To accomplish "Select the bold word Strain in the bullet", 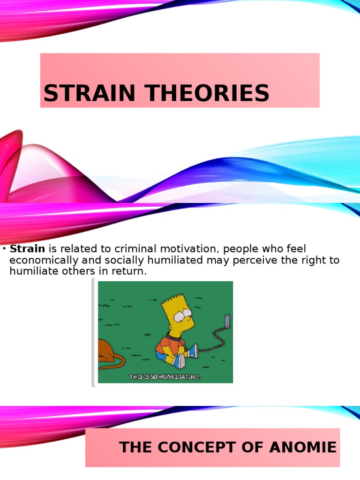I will pos(27,249).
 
